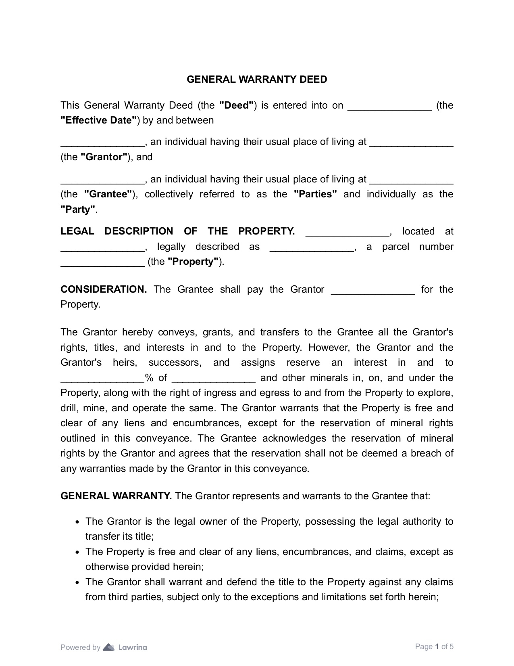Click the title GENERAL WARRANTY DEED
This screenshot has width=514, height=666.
pos(257,80)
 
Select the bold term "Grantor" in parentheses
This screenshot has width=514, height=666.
pos(104,157)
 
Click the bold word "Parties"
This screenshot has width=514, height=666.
pos(315,194)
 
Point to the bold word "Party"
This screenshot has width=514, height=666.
pos(78,209)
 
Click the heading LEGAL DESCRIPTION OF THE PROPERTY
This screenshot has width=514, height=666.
pos(177,231)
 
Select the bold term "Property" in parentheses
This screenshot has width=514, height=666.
pos(193,262)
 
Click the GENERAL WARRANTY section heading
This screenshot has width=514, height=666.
pos(116,496)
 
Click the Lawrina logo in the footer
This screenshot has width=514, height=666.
pos(125,647)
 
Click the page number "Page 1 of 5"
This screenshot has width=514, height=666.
pos(434,647)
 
